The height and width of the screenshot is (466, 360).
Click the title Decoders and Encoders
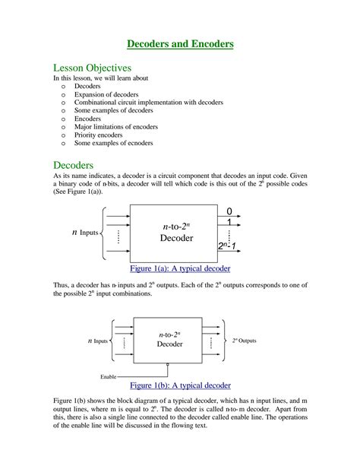pos(179,44)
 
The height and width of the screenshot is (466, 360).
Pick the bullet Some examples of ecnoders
pos(113,143)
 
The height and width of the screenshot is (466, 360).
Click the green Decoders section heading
pos(73,165)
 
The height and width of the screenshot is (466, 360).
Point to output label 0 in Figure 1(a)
pos(229,211)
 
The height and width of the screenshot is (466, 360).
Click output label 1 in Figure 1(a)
pos(229,222)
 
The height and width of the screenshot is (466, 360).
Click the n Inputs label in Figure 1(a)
pos(86,232)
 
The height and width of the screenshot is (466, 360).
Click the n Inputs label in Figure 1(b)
pos(95,341)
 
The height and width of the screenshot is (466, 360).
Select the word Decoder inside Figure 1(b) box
pos(169,344)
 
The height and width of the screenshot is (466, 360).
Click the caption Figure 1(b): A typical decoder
pos(180,385)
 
